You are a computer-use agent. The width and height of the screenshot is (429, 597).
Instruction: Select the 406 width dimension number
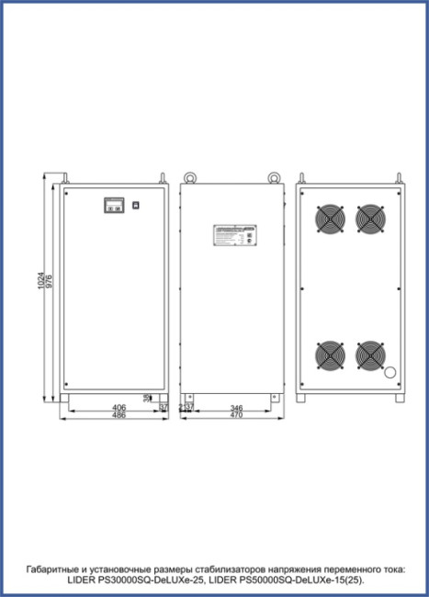tap(119, 407)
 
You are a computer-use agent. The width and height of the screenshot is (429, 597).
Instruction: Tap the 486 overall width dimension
tap(119, 416)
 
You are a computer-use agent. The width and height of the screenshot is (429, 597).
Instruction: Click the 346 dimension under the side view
tap(236, 407)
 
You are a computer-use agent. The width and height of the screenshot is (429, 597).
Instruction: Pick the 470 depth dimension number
tap(236, 416)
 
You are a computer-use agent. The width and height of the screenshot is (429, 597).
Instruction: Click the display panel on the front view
tap(114, 205)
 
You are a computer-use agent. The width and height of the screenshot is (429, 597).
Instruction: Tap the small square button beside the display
tap(135, 205)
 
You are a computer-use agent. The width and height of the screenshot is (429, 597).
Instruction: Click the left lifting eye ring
tap(190, 177)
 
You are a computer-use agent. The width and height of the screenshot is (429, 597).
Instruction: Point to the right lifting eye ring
tap(273, 177)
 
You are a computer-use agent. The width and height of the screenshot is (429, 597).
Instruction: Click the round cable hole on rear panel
tap(389, 374)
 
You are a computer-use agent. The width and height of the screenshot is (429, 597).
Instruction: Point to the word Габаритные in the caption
tap(55, 569)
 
